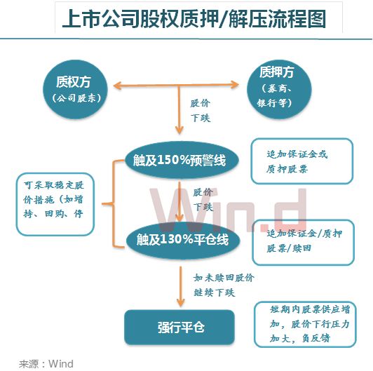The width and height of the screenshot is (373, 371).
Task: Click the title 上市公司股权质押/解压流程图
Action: (194, 19)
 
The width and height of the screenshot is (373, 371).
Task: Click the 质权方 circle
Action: (75, 90)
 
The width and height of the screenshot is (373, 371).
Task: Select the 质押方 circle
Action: (279, 89)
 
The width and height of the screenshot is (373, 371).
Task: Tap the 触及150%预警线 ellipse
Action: (182, 160)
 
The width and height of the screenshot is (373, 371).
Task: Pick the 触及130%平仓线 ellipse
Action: (183, 240)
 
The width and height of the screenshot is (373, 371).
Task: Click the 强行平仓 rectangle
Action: (179, 328)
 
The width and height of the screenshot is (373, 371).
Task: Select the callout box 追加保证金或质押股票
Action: (302, 161)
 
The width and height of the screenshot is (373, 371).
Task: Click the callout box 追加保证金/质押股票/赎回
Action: (304, 242)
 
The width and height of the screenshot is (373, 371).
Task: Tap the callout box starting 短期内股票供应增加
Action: (305, 324)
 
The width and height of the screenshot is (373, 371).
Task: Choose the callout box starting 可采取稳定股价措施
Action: (55, 204)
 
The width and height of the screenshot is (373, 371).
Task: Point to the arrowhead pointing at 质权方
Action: (116, 86)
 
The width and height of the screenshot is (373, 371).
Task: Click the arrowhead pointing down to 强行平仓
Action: (181, 303)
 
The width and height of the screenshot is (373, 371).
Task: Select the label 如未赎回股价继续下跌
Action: (224, 285)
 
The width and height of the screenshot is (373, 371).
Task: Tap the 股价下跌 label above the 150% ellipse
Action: (201, 111)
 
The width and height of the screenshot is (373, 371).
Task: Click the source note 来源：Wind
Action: (46, 363)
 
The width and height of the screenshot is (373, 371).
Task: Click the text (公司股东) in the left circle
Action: (76, 98)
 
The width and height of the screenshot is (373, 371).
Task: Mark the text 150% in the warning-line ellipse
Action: (173, 160)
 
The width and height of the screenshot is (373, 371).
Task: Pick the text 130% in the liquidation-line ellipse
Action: (176, 239)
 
